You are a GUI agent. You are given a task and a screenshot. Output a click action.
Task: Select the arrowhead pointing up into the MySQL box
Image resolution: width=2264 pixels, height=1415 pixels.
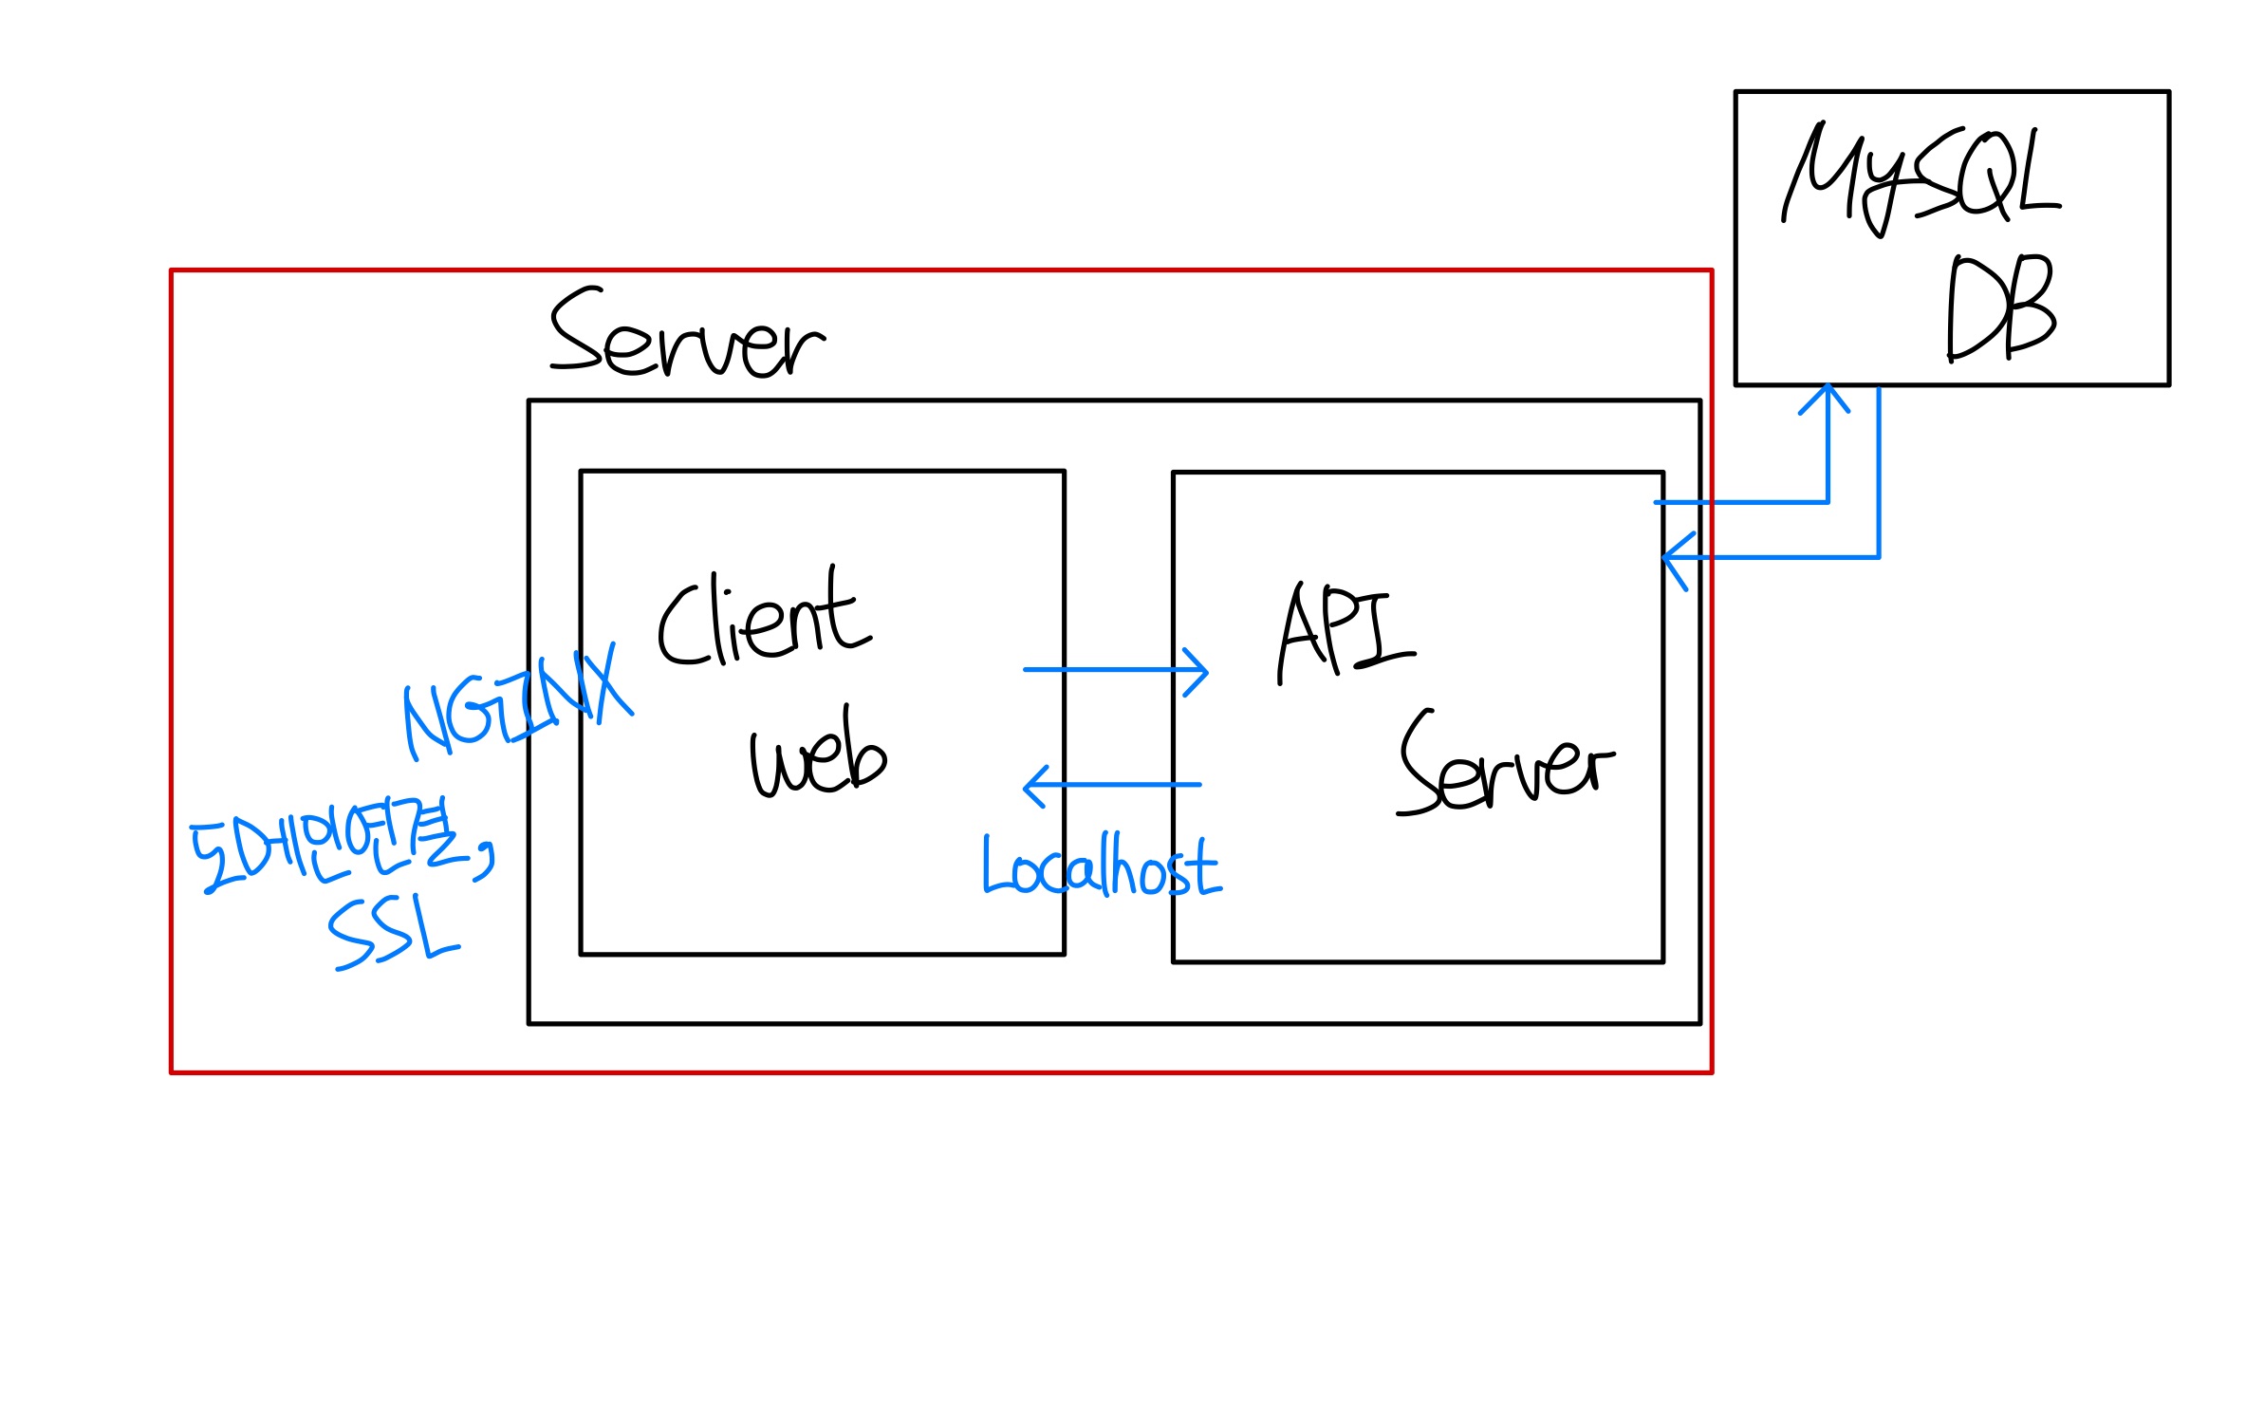pos(1826,396)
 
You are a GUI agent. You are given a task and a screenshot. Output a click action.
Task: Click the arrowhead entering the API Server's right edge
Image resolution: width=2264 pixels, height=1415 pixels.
pos(1674,558)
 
